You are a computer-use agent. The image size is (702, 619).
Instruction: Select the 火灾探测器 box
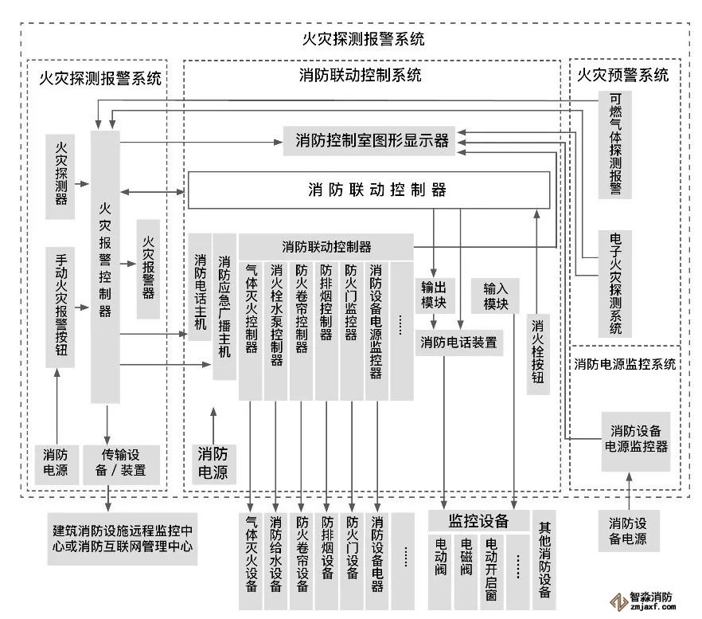[x=61, y=177]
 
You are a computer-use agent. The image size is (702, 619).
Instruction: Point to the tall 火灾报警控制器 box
[x=105, y=267]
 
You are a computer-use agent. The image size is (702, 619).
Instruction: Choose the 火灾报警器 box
[x=148, y=268]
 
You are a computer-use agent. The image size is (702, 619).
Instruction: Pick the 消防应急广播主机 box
[x=224, y=306]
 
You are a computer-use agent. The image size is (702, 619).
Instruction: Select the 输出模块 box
[x=434, y=296]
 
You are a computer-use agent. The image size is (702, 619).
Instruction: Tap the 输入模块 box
[x=495, y=296]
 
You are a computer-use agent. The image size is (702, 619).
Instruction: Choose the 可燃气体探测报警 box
[x=615, y=143]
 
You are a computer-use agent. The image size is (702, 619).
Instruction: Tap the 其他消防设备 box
[x=545, y=559]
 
